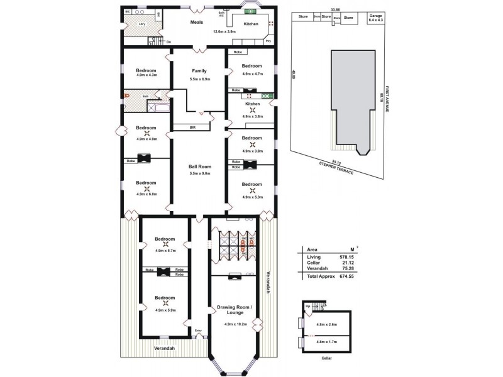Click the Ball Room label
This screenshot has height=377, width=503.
pos(199,167)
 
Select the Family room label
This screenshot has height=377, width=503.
pos(199,71)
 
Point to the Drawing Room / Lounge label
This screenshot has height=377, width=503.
pos(234,310)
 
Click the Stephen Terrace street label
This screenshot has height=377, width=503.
pos(337,168)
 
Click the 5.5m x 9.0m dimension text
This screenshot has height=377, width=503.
pos(199,173)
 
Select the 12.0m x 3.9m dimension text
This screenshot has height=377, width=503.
pos(224,31)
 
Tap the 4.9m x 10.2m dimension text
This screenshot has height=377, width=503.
pos(234,324)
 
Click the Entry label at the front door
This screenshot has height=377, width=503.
pos(198,331)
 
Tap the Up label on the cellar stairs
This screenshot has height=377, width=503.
pos(307,306)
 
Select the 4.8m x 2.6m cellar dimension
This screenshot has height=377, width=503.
pos(327,325)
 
